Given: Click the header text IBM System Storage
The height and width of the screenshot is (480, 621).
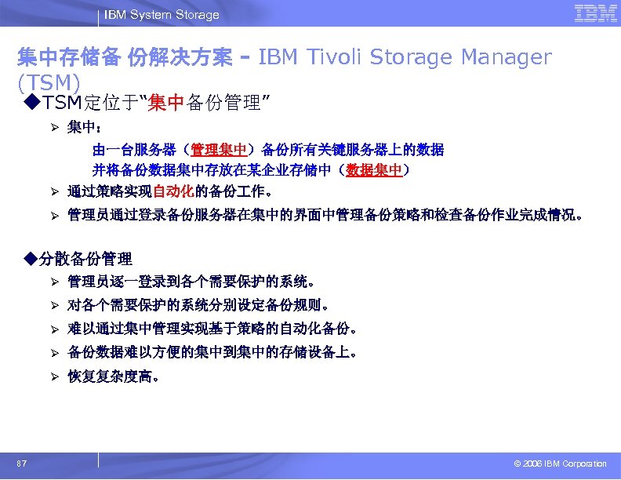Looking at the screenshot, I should (162, 14).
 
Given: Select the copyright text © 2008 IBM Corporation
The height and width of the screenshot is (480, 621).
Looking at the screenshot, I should (555, 464).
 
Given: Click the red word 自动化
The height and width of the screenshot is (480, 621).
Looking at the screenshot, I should (170, 191).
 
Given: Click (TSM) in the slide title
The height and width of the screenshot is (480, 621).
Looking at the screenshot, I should (49, 82).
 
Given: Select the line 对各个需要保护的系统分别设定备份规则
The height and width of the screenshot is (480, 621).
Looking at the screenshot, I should (198, 305).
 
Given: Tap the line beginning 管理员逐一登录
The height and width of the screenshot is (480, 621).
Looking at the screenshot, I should (192, 281).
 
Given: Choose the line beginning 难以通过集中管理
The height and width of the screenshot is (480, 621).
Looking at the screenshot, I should (212, 329).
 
